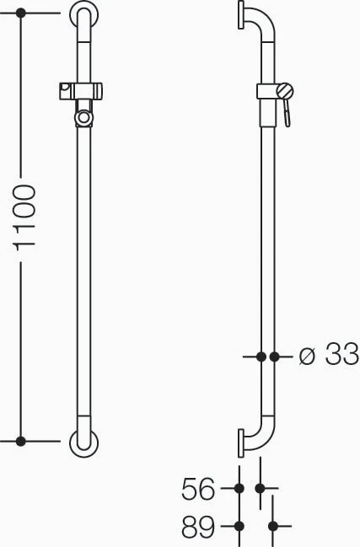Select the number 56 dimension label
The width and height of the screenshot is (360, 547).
[197, 489]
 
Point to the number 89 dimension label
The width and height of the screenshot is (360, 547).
[197, 527]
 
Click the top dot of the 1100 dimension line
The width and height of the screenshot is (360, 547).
[21, 13]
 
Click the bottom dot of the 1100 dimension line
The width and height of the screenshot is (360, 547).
[21, 442]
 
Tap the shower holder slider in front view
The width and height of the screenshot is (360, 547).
[81, 91]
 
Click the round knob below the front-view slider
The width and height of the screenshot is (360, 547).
[83, 118]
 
